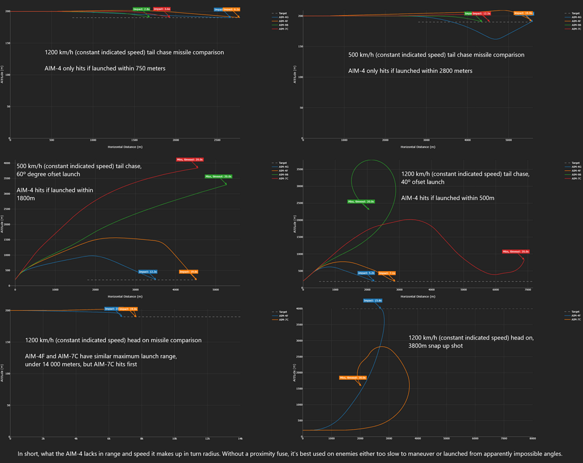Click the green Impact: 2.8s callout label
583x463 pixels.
coord(142,9)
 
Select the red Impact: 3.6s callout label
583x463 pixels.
coord(162,9)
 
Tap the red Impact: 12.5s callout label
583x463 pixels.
coord(482,13)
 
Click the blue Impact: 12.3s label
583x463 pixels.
coord(148,272)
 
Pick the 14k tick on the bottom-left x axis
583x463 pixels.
coord(240,438)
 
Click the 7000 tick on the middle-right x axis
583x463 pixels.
coord(528,290)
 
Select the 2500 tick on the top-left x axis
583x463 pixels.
coord(217,141)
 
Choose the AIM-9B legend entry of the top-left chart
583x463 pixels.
coord(283,26)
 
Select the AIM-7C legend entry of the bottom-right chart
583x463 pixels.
coord(574,320)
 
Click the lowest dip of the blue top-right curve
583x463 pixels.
coord(496,39)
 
